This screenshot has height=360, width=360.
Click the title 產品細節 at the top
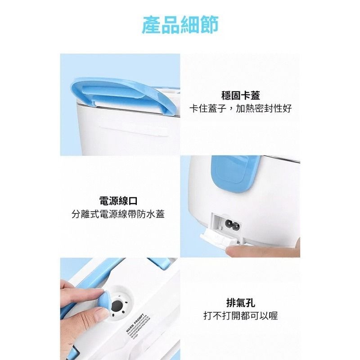pos(180,25)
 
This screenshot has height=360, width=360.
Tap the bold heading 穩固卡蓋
pos(241,95)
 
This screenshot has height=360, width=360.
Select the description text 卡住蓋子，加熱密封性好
pos(241,109)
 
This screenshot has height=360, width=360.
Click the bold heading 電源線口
pos(118,200)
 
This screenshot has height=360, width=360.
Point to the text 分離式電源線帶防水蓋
pos(118,214)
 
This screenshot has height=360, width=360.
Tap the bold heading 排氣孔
pos(241,302)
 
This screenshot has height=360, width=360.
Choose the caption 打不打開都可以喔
pos(241,315)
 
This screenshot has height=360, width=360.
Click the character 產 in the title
pos(151,25)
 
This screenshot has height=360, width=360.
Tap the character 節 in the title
pos(209,25)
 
